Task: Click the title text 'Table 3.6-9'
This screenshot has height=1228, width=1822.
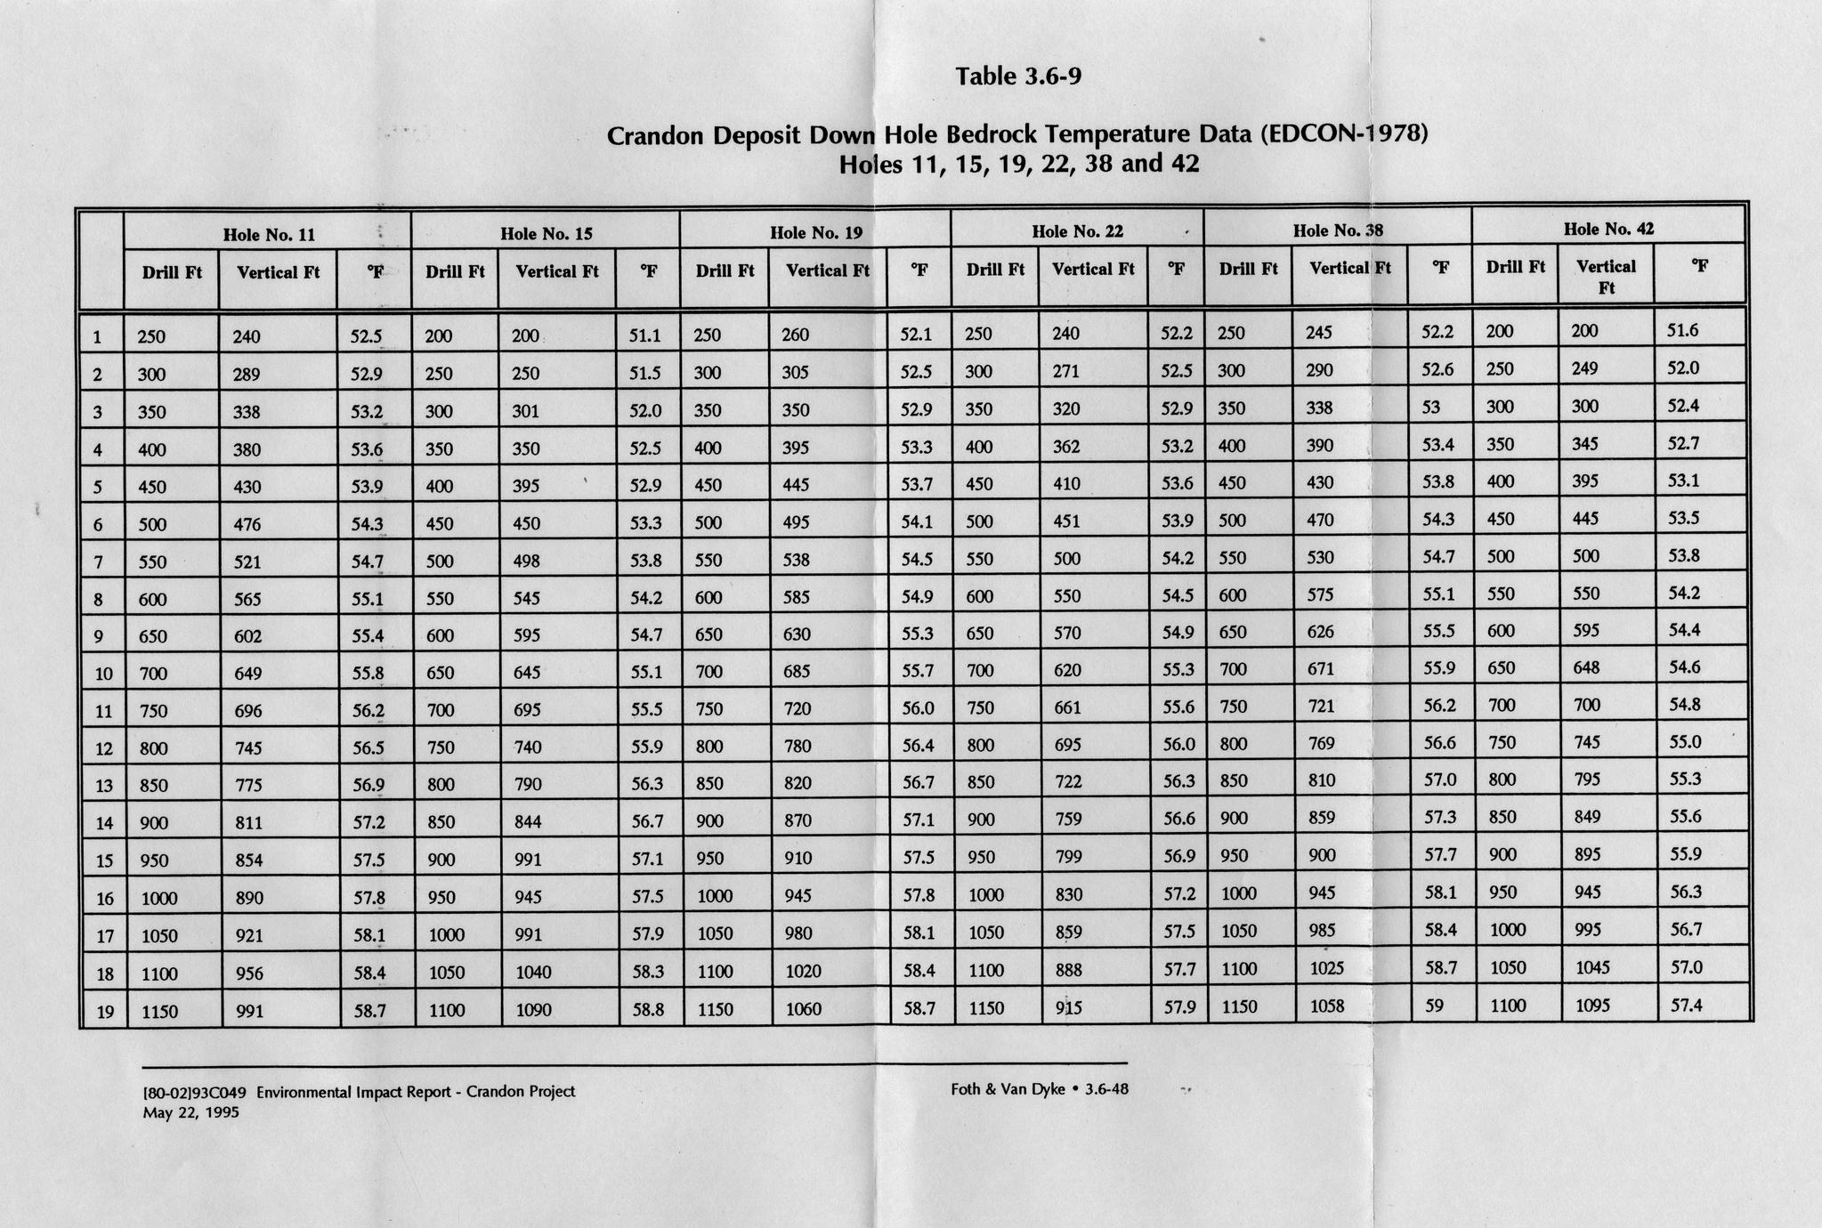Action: click(x=1019, y=77)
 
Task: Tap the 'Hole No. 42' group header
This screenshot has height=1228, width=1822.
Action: click(x=1608, y=229)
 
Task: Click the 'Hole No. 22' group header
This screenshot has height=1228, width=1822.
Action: click(x=1077, y=231)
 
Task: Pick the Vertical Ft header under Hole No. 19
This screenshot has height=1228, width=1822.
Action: click(x=828, y=271)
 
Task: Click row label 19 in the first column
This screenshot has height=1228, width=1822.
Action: click(x=104, y=1012)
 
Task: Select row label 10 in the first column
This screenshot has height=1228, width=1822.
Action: click(x=104, y=674)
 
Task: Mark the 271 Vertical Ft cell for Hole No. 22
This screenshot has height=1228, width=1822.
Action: click(x=1065, y=371)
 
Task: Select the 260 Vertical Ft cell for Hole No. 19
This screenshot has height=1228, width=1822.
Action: click(x=795, y=335)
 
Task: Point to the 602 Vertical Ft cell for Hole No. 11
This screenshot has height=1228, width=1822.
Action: click(x=247, y=636)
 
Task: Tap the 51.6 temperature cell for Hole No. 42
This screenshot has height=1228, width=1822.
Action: click(x=1679, y=331)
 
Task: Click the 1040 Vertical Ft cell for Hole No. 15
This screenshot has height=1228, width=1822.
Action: click(x=533, y=973)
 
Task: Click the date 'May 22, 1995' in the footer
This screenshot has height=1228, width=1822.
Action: click(x=190, y=1112)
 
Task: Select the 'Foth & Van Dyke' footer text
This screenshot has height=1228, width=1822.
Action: click(x=1008, y=1088)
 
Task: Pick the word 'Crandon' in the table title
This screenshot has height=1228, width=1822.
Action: click(x=658, y=137)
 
